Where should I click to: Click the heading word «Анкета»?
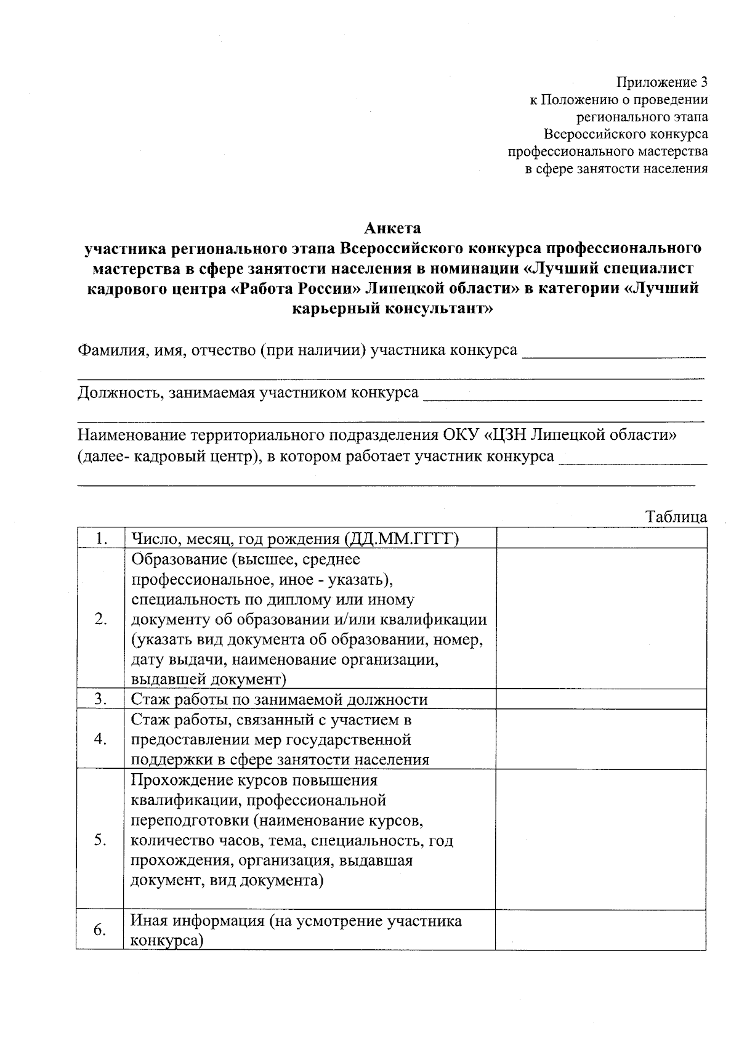pyautogui.click(x=392, y=229)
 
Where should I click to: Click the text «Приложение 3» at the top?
pyautogui.click(x=662, y=83)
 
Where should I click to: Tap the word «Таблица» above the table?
pyautogui.click(x=676, y=517)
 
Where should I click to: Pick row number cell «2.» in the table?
pyautogui.click(x=101, y=619)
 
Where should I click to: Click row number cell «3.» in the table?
pyautogui.click(x=101, y=699)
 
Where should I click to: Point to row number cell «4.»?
pyautogui.click(x=101, y=739)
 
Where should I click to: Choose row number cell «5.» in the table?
pyautogui.click(x=101, y=840)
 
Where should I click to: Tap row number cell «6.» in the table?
pyautogui.click(x=101, y=930)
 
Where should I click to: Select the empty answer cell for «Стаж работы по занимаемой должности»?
pyautogui.click(x=601, y=699)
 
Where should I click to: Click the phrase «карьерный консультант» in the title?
pyautogui.click(x=392, y=308)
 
